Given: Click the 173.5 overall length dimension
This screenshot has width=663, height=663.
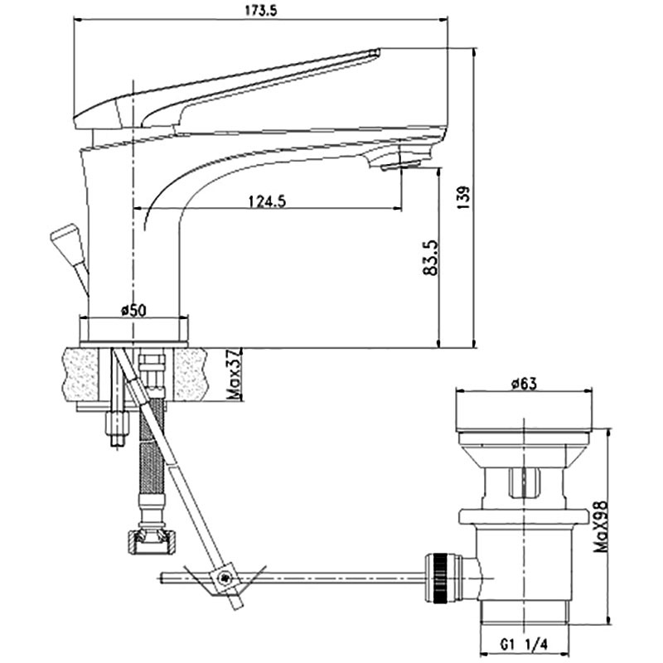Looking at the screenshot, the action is (x=261, y=12).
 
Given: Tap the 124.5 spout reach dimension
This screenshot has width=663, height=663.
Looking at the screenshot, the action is (x=267, y=201).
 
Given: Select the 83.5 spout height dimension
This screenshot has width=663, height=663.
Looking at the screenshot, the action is (x=431, y=258).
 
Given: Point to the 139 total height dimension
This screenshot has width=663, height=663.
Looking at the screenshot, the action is (x=464, y=197).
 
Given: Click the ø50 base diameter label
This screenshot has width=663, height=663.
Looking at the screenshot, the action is (x=133, y=310).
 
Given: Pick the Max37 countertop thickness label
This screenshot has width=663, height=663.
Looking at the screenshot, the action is (x=234, y=374).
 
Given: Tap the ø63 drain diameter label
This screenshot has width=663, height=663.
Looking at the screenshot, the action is (x=524, y=384).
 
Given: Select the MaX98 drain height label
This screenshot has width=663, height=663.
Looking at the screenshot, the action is (x=600, y=527).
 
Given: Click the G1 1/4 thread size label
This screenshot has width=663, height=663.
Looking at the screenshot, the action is (x=524, y=645).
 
